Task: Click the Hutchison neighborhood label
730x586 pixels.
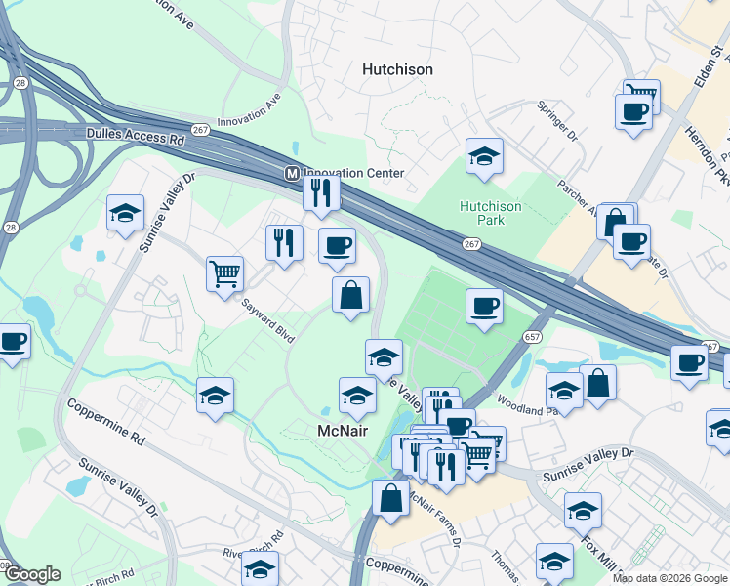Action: tap(397, 69)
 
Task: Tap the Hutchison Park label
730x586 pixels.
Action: tap(491, 213)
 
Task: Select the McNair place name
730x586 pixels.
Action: tap(343, 430)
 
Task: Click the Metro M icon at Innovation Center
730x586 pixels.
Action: tap(291, 173)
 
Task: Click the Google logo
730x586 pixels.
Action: tap(32, 574)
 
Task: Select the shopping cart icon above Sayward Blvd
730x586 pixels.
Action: tap(224, 272)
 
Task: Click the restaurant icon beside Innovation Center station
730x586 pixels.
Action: tap(320, 191)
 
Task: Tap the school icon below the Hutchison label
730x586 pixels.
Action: tap(483, 156)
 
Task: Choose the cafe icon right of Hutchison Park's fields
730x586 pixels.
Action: tap(484, 306)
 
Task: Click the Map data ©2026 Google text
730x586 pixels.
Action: tap(669, 578)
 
